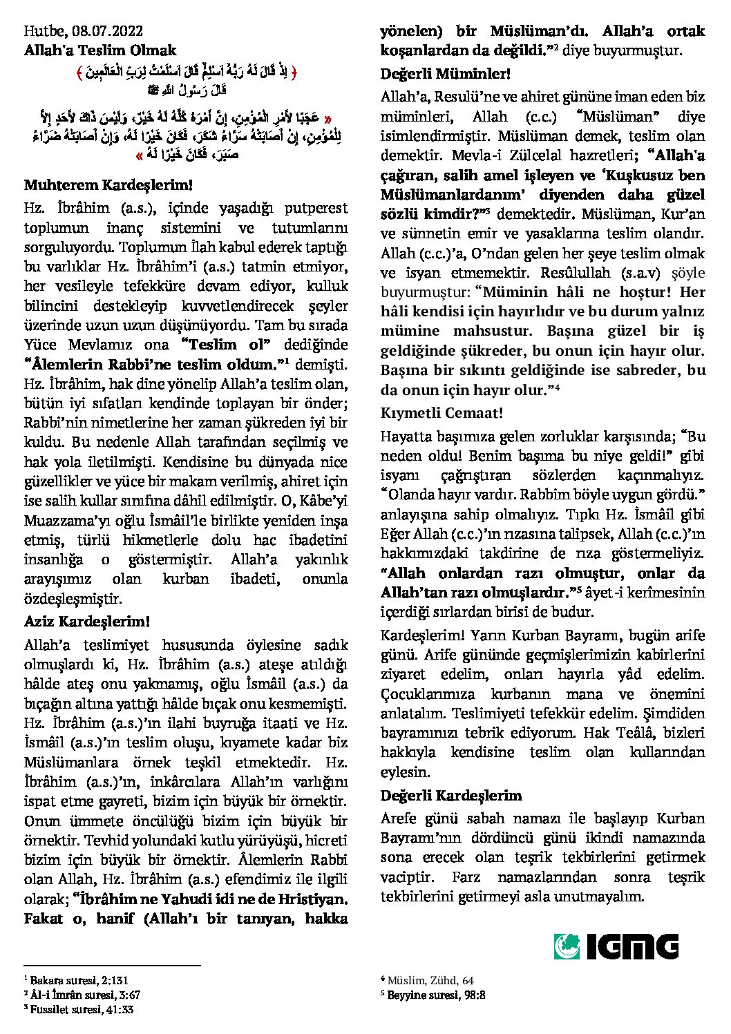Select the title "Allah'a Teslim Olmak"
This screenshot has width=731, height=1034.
click(x=100, y=50)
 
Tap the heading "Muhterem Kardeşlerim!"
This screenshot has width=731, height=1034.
click(x=108, y=185)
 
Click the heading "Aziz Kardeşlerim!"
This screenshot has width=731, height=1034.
click(x=87, y=622)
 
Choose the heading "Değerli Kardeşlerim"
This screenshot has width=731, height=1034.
click(x=451, y=796)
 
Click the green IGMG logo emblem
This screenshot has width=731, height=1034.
click(x=567, y=946)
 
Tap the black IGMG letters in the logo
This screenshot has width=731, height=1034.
click(x=632, y=946)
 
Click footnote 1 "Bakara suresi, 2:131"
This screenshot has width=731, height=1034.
click(x=77, y=980)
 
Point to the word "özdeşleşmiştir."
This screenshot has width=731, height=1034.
click(x=73, y=598)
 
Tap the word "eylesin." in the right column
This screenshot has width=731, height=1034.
click(x=406, y=772)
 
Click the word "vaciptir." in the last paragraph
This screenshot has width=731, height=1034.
click(x=408, y=877)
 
